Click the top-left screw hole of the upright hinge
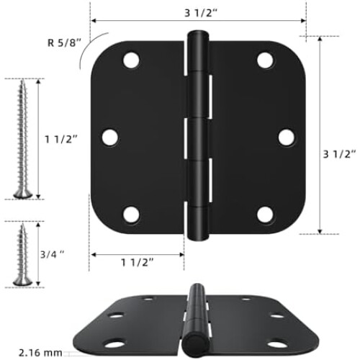pos(131,60)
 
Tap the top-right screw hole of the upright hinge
pos(265,60)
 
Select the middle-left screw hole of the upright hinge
pos(110,138)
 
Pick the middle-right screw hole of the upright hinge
pos(287,138)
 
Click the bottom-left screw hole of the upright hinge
pos(131,214)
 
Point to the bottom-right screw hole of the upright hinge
pos(265,214)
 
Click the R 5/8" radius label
pos(65,42)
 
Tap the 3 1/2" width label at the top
pos(201,13)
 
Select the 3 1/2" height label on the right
pos(339,154)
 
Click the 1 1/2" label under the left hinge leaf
pos(137,262)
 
